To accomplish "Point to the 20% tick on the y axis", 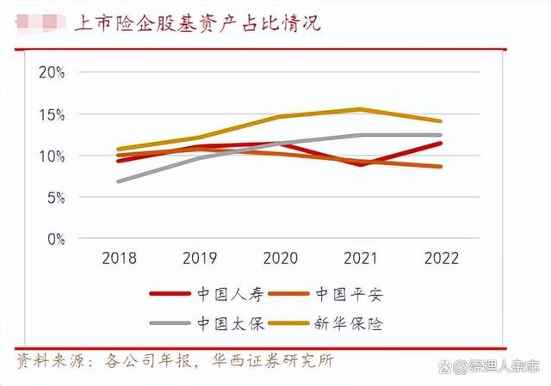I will click(53, 72).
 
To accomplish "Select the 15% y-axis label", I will click(53, 114).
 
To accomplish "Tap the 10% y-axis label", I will click(53, 156).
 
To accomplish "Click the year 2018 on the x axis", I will click(118, 258).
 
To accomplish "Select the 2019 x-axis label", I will click(199, 258).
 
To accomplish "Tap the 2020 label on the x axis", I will click(280, 258).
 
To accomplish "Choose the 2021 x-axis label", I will click(361, 258).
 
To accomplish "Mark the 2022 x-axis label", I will click(442, 258).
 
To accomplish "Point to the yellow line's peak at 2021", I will click(361, 109).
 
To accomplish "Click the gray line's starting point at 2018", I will click(119, 181).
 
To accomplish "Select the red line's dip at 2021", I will click(361, 164).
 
